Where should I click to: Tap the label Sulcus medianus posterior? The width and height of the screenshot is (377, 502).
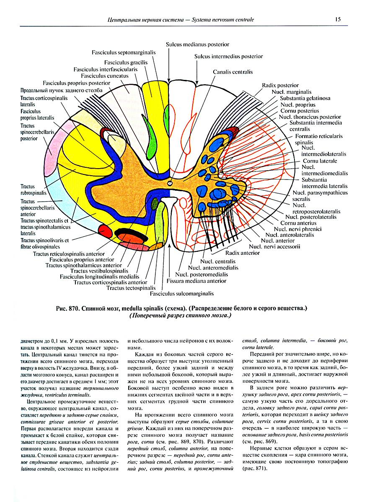197,44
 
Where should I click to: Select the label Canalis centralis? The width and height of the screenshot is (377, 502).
232,72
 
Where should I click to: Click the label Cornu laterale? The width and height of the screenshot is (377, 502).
320,161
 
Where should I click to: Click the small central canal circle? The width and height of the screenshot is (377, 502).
169,183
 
